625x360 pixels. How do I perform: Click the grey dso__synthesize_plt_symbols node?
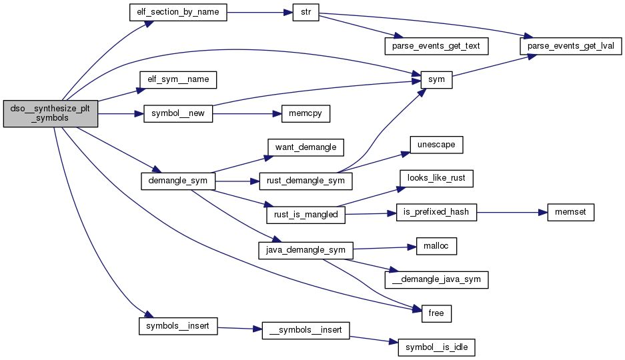51,114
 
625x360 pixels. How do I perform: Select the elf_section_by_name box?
177,13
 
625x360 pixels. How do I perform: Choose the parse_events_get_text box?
437,46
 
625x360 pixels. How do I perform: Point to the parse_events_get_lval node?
571,46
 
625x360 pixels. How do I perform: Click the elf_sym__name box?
178,79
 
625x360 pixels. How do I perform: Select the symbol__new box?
178,114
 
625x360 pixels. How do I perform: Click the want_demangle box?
305,147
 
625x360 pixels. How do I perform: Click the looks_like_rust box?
436,178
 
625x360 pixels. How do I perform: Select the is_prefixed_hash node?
436,213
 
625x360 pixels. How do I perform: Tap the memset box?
570,213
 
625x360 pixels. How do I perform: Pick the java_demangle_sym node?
305,250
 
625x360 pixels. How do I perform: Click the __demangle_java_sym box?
437,280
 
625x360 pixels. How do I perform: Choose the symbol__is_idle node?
436,347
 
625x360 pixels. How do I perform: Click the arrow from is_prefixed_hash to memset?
511,213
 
